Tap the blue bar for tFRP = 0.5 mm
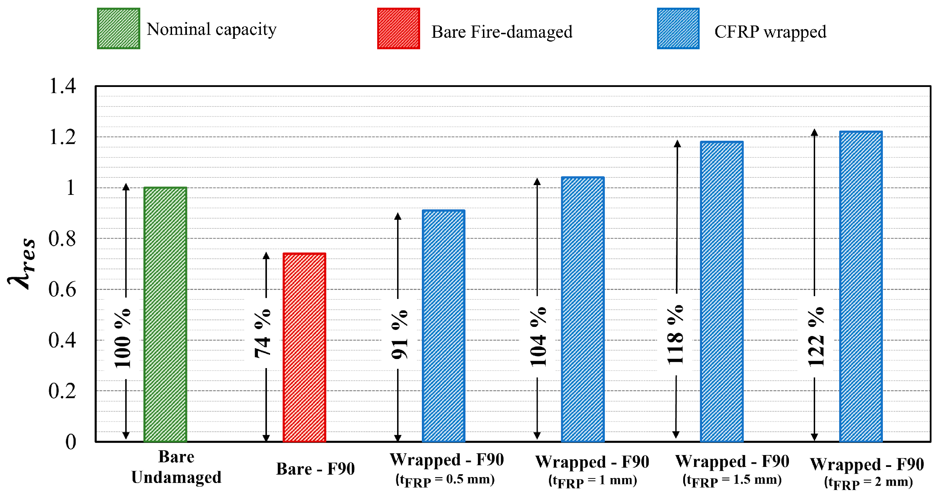tap(443, 325)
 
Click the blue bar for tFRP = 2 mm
tap(860, 286)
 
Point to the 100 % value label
tap(122, 338)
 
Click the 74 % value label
tap(262, 334)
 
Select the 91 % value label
tap(400, 334)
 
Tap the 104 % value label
tap(538, 336)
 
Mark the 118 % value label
tap(676, 334)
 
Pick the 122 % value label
tap(816, 336)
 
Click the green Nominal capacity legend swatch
tap(119, 28)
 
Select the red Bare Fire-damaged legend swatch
tap(398, 28)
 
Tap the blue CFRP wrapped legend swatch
tap(678, 28)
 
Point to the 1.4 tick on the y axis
tap(62, 86)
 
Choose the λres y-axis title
tap(23, 263)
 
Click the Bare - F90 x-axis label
tap(315, 469)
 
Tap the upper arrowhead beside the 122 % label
tap(814, 132)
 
